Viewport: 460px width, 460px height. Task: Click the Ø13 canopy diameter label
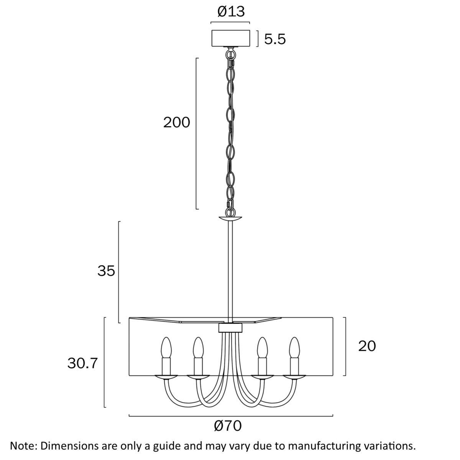coord(231,11)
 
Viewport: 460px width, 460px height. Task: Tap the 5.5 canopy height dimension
coord(275,39)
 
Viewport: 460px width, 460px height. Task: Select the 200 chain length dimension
coord(177,122)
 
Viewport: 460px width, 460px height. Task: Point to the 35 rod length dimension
coord(106,271)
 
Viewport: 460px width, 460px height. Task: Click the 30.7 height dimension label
coord(82,363)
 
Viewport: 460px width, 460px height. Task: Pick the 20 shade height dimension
coord(367,346)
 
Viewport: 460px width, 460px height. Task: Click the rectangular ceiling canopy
coord(231,38)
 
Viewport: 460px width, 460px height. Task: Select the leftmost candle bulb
coord(166,348)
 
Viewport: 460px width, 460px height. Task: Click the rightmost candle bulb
coord(294,348)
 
